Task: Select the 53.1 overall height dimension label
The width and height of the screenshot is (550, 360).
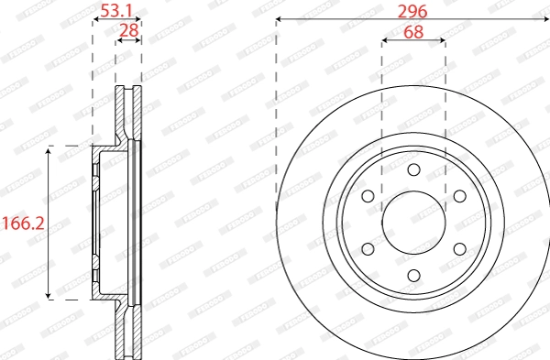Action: [116, 11]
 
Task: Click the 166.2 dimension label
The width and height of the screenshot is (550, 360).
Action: [22, 223]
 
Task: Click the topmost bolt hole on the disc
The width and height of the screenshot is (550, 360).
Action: [413, 169]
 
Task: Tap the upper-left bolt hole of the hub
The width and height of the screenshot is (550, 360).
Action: [368, 196]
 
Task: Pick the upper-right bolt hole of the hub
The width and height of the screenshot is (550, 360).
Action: [458, 196]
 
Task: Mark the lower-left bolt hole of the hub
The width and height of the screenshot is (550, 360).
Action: [368, 248]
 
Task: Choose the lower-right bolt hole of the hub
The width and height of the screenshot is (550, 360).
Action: [458, 248]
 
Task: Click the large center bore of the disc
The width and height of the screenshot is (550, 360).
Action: [413, 223]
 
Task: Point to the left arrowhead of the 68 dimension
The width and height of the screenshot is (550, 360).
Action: [384, 40]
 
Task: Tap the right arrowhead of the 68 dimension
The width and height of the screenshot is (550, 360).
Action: [443, 40]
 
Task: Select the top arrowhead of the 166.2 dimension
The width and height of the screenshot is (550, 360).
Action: [49, 149]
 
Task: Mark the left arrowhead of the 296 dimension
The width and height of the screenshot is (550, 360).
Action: [280, 19]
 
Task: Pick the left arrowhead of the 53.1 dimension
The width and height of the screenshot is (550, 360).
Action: [95, 19]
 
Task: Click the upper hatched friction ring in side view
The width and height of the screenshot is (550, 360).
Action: [128, 115]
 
